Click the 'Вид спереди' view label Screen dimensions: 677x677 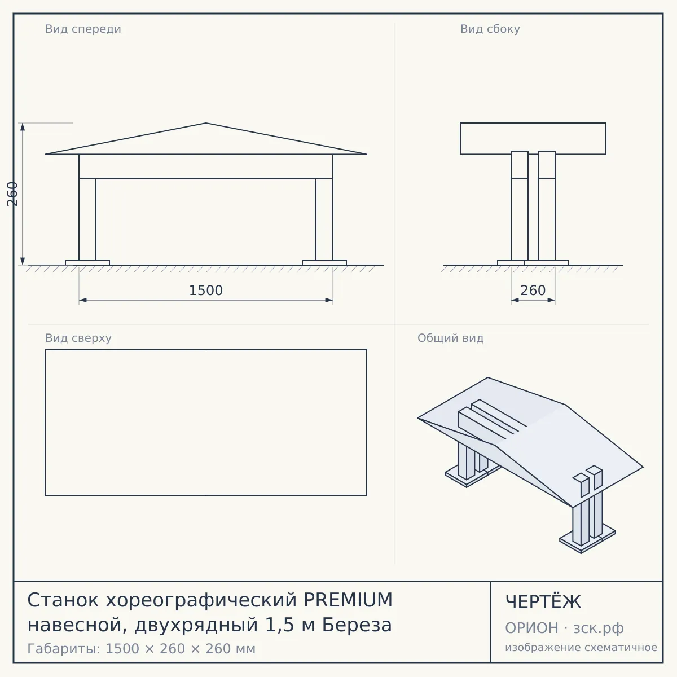[x=83, y=29]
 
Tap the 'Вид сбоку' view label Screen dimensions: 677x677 [x=490, y=29]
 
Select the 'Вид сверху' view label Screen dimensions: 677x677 [x=78, y=338]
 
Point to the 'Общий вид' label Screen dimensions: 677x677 [x=450, y=338]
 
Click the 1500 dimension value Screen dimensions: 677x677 [x=206, y=291]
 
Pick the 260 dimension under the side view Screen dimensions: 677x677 [x=533, y=291]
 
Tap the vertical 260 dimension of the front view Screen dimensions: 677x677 [x=12, y=194]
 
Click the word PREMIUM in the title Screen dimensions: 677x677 [x=348, y=600]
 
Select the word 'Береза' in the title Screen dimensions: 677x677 [x=357, y=625]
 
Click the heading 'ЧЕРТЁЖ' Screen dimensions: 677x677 [x=543, y=601]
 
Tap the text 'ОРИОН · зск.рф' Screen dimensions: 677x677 [x=564, y=628]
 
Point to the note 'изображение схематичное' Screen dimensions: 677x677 [x=581, y=647]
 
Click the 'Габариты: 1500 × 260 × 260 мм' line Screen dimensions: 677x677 [x=141, y=649]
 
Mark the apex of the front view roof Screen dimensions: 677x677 [x=206, y=123]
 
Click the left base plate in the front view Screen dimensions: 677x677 [x=87, y=262]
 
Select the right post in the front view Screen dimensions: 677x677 [x=324, y=219]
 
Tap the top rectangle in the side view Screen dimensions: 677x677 [x=533, y=138]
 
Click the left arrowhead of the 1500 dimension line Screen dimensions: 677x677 [x=83, y=300]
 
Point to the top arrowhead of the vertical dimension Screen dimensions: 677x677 [x=23, y=127]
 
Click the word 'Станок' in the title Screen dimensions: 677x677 [x=63, y=600]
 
